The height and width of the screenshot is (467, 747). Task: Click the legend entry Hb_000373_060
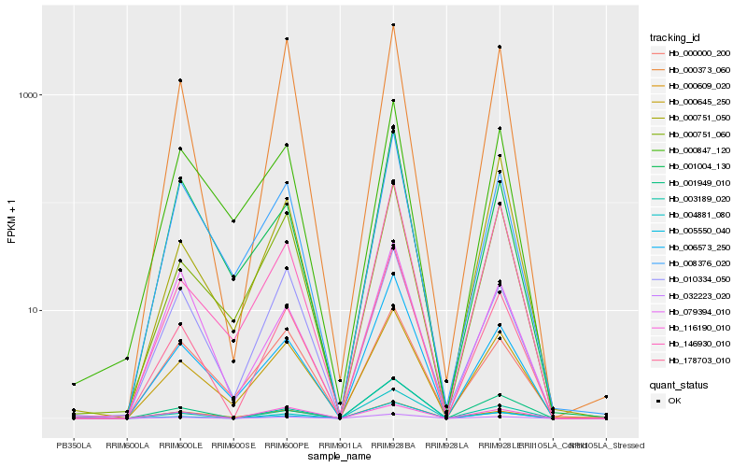[x=693, y=70]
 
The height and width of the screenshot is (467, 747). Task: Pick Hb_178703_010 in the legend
[x=693, y=359]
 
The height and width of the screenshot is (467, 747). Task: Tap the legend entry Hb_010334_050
[x=693, y=278]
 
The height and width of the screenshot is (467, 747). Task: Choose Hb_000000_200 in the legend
[x=693, y=54]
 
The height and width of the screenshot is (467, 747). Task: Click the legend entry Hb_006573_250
[x=693, y=247]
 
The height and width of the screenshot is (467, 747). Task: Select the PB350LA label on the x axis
[x=74, y=446]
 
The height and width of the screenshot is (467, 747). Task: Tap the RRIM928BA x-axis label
[x=393, y=446]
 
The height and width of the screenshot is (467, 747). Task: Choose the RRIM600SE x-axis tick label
[x=233, y=446]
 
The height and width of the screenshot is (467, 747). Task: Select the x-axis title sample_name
[x=340, y=457]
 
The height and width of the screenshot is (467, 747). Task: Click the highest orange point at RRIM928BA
[x=393, y=25]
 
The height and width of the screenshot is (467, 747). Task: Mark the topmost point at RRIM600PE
[x=287, y=39]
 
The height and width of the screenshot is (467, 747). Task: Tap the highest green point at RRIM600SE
[x=233, y=221]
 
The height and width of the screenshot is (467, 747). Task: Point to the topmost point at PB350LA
[x=74, y=384]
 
